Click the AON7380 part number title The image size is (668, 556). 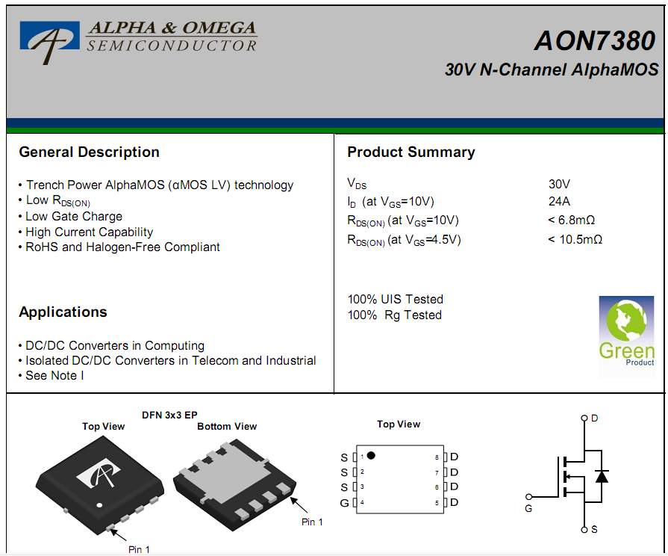pyautogui.click(x=595, y=41)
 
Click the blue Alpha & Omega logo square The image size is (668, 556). pyautogui.click(x=50, y=36)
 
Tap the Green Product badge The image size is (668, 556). pyautogui.click(x=626, y=337)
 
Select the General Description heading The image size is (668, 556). pyautogui.click(x=89, y=152)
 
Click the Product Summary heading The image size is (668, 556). pyautogui.click(x=411, y=152)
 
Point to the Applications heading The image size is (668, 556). pyautogui.click(x=63, y=312)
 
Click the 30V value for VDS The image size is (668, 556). pyautogui.click(x=559, y=185)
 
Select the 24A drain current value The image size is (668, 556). pyautogui.click(x=559, y=202)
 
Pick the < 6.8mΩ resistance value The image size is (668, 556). pyautogui.click(x=571, y=220)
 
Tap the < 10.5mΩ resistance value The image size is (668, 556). pyautogui.click(x=575, y=239)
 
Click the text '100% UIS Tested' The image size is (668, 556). pyautogui.click(x=396, y=299)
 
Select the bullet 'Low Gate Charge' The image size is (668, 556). pyautogui.click(x=74, y=217)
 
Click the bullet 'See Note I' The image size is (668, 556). pyautogui.click(x=54, y=375)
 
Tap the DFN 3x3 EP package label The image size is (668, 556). pyautogui.click(x=169, y=416)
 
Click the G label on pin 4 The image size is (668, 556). pyautogui.click(x=344, y=504)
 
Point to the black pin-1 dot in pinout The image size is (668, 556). pyautogui.click(x=371, y=456)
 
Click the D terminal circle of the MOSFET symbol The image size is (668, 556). pyautogui.click(x=584, y=418)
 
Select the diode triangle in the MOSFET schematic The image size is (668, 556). pyautogui.click(x=602, y=476)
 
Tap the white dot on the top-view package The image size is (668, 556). pyautogui.click(x=99, y=505)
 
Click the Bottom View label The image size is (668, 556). pyautogui.click(x=227, y=427)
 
